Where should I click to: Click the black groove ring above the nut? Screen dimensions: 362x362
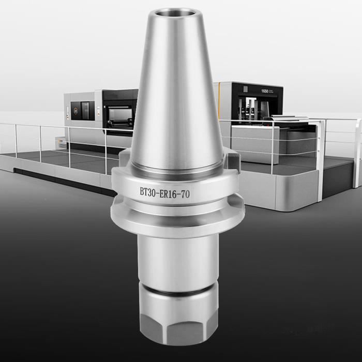(177, 293)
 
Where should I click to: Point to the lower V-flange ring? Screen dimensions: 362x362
(177, 217)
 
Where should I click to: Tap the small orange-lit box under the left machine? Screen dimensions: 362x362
(62, 140)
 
